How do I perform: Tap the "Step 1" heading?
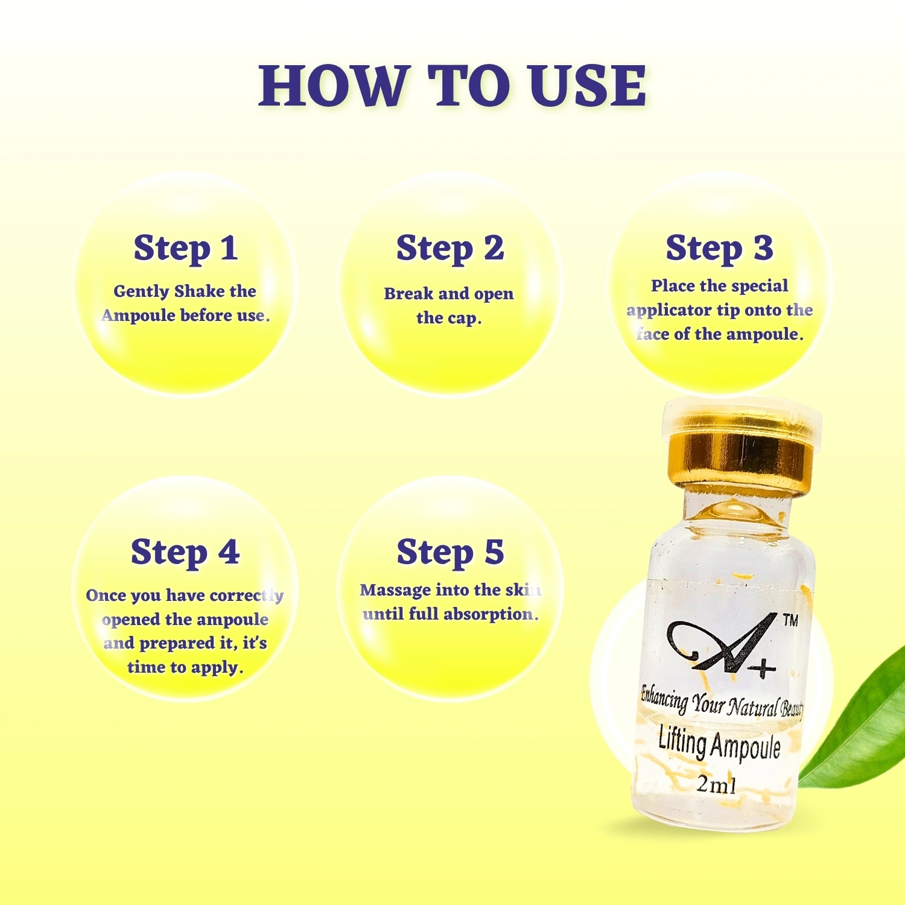click(x=186, y=248)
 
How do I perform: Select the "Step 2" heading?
click(x=450, y=248)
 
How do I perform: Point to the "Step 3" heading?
click(x=719, y=248)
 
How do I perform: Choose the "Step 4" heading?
click(x=185, y=552)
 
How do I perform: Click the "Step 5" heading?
click(x=450, y=552)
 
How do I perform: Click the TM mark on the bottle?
click(x=790, y=621)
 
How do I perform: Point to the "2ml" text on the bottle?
click(x=716, y=784)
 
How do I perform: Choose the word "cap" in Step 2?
click(x=463, y=319)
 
